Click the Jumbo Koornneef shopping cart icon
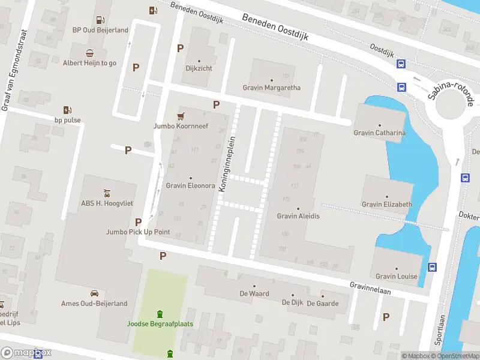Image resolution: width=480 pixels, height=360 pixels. pyautogui.click(x=179, y=116)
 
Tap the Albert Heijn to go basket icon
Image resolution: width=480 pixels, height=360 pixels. pyautogui.click(x=89, y=53)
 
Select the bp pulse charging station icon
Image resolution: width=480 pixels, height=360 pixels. pyautogui.click(x=67, y=110)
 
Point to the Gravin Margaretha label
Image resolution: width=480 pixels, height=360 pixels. pyautogui.click(x=271, y=88)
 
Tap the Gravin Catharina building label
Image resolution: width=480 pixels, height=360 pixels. pyautogui.click(x=379, y=133)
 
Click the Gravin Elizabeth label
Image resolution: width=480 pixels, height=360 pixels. pyautogui.click(x=386, y=204)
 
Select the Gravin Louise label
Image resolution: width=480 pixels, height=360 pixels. pyautogui.click(x=396, y=276)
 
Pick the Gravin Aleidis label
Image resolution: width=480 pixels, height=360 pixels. pyautogui.click(x=298, y=216)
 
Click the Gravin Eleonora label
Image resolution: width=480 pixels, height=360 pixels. pyautogui.click(x=190, y=185)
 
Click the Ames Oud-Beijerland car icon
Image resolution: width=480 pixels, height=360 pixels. pyautogui.click(x=94, y=293)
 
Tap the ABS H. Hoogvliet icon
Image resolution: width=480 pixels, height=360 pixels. pyautogui.click(x=106, y=193)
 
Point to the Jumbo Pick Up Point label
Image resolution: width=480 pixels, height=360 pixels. pyautogui.click(x=138, y=232)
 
